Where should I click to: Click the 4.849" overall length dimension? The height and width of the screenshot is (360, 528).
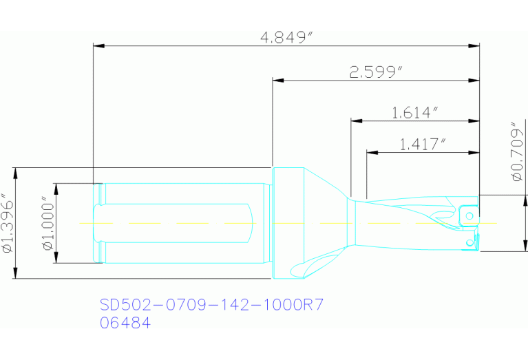click(286, 37)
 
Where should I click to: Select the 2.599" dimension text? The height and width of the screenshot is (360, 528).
click(376, 72)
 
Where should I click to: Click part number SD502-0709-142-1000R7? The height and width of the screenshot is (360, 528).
click(211, 305)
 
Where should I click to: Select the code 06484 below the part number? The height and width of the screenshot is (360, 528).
click(125, 322)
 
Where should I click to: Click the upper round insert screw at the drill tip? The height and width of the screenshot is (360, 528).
click(469, 215)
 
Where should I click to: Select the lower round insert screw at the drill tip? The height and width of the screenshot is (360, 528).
click(470, 242)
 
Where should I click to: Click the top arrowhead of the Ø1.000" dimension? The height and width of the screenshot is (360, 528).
click(56, 188)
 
